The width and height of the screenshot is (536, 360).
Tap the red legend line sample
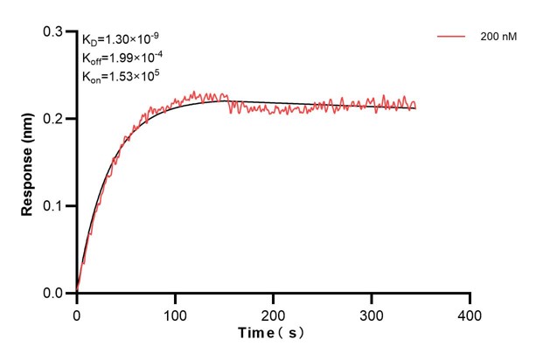450,37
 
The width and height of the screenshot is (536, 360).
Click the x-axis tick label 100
175,313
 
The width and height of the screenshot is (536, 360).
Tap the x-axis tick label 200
274,313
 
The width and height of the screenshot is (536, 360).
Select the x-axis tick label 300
372,313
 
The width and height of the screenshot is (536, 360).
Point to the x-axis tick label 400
470,313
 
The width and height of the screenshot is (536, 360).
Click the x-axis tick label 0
77,313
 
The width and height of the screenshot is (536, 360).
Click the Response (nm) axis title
28,163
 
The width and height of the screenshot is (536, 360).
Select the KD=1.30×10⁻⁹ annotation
120,39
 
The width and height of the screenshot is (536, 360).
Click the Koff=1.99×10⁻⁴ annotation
123,58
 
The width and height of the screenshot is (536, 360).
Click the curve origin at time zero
77,292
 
